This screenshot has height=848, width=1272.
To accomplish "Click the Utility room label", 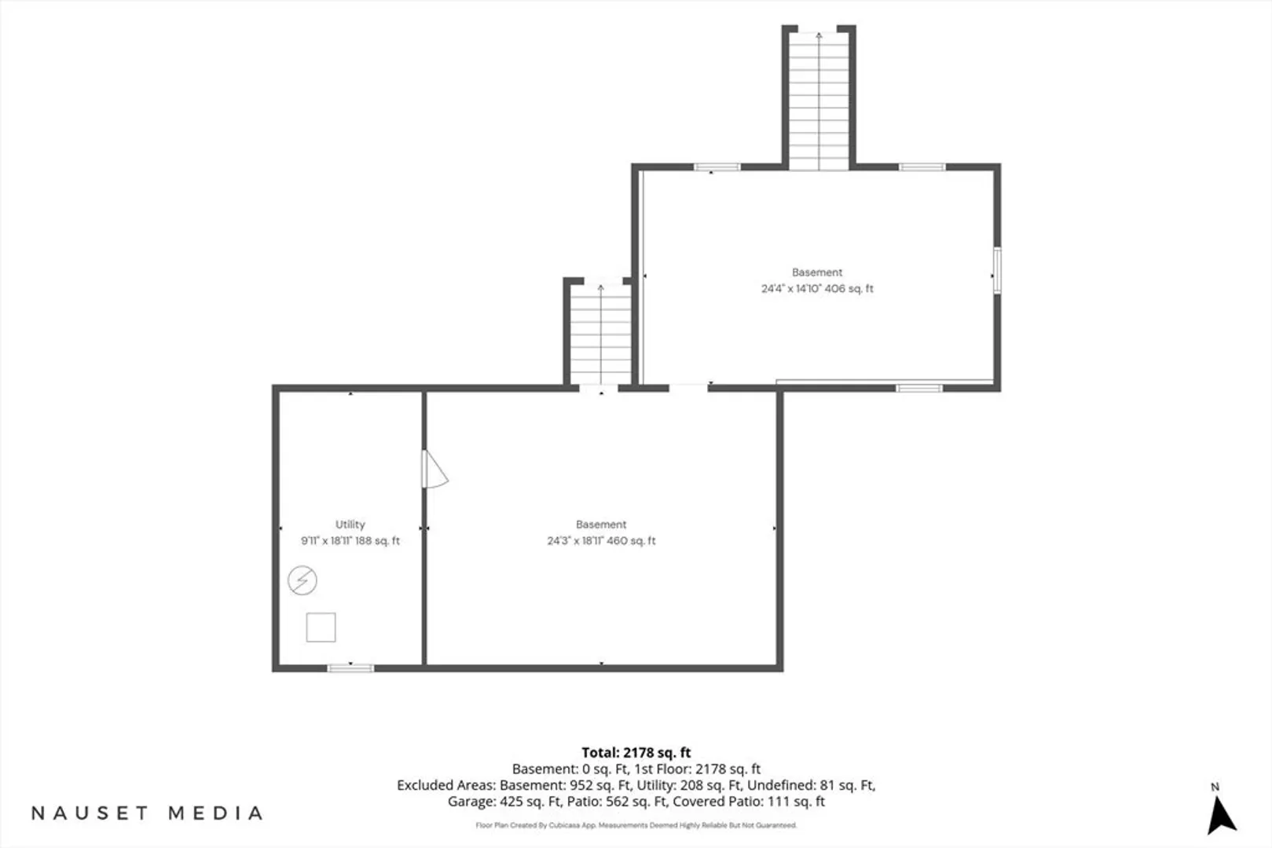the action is [x=350, y=525].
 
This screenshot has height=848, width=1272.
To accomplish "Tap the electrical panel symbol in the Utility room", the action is [x=302, y=580].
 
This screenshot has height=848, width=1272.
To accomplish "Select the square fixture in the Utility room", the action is [x=321, y=627].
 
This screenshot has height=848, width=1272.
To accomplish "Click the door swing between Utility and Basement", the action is [x=434, y=470].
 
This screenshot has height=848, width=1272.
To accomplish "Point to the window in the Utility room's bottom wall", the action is [x=350, y=668].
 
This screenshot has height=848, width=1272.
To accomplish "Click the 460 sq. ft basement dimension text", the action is [x=601, y=541].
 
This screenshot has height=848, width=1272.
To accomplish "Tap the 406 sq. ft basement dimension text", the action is [x=817, y=288].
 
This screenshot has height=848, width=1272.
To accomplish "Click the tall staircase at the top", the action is [x=819, y=100].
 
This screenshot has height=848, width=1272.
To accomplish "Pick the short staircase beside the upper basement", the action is [x=601, y=335].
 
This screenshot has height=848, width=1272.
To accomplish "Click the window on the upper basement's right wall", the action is [x=997, y=270].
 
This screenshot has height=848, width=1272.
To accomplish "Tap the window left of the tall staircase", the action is [x=717, y=167].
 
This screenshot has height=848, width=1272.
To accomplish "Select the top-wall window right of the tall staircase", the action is [x=922, y=167].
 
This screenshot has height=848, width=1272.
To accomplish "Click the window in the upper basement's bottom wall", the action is [x=919, y=388].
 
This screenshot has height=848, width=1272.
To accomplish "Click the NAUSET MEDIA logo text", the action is [x=147, y=813].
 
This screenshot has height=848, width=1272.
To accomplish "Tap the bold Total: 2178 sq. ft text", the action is [x=636, y=753].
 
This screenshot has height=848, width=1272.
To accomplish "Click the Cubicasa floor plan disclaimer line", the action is [x=636, y=825].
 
